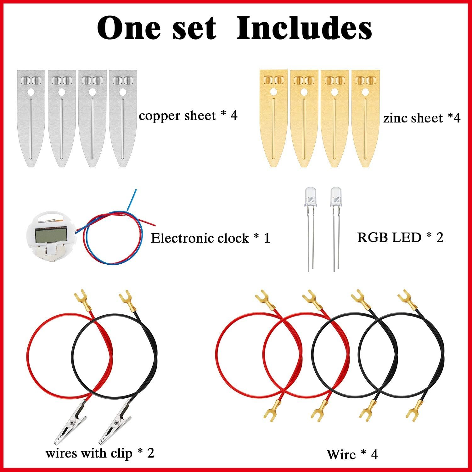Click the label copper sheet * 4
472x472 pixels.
pyautogui.click(x=188, y=116)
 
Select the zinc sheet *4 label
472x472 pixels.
pyautogui.click(x=422, y=118)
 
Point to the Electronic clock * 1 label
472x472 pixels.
pyautogui.click(x=210, y=238)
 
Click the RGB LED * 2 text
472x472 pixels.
pyautogui.click(x=400, y=237)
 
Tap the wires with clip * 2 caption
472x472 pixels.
pyautogui.click(x=100, y=453)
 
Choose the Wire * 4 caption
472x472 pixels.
pyautogui.click(x=352, y=454)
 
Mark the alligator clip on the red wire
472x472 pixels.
pyautogui.click(x=74, y=422)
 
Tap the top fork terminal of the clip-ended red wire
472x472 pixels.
pyautogui.click(x=81, y=297)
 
